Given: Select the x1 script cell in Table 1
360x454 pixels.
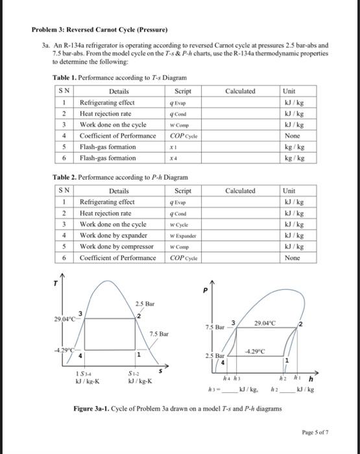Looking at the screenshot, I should point(172,147).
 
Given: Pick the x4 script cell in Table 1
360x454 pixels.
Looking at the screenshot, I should point(172,158).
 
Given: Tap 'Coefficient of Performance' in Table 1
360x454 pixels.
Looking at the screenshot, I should point(117,136).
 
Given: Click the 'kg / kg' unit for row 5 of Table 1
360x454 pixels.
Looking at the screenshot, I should point(292,147).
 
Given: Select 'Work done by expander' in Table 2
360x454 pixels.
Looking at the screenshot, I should point(113,235).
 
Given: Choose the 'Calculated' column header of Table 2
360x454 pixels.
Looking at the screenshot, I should point(239,191).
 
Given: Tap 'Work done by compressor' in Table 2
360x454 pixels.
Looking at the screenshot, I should point(116,246).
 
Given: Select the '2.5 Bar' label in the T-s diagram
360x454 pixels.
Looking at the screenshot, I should point(144,304).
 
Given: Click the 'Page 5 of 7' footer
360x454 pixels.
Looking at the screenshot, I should point(315,431).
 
